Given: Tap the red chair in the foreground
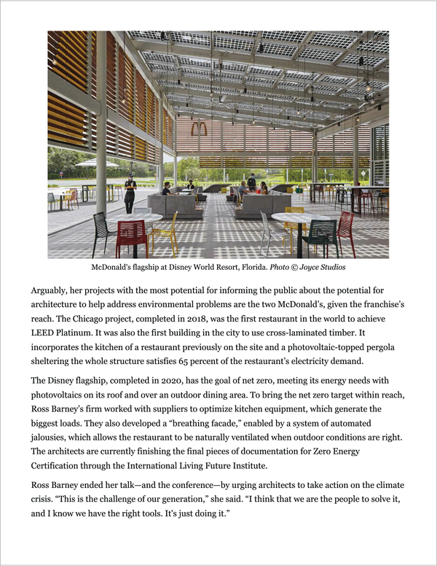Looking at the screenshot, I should (x=131, y=235).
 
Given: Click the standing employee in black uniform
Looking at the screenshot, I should (x=130, y=193).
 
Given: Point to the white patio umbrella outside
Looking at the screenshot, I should (x=97, y=164).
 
